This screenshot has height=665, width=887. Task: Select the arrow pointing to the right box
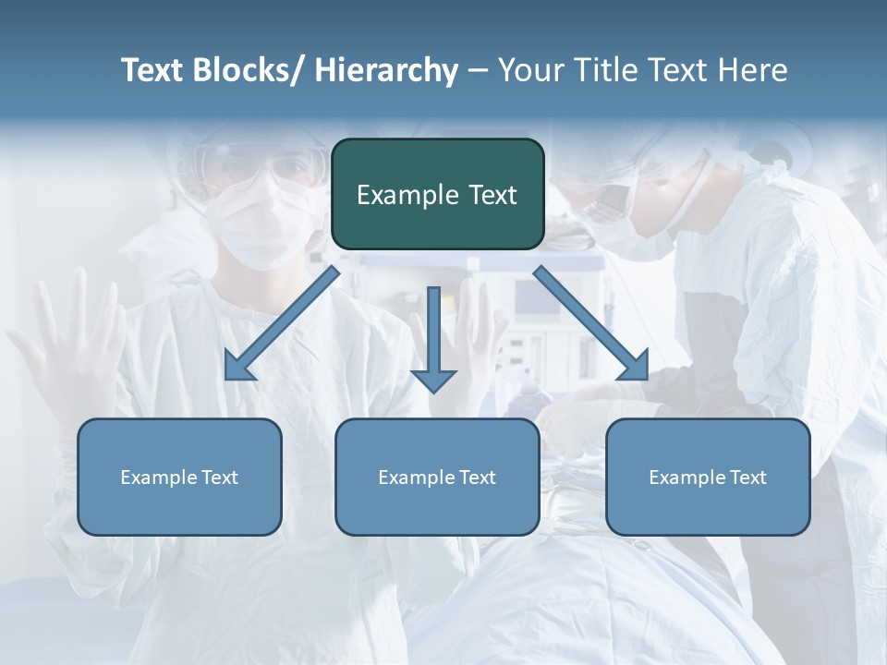click(591, 323)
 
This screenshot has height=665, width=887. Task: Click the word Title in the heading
click(601, 70)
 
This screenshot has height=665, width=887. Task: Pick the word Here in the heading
click(752, 70)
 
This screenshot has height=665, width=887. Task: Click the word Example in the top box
click(396, 195)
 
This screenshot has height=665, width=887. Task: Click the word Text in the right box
click(748, 478)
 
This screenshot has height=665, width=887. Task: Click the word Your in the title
click(531, 70)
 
